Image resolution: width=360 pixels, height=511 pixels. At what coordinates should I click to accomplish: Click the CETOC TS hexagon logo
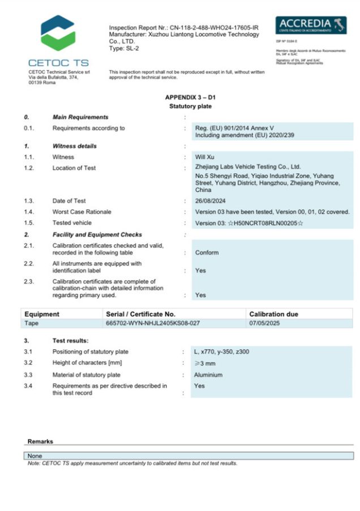[58, 33]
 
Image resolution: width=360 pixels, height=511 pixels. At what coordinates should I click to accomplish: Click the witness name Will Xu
[205, 157]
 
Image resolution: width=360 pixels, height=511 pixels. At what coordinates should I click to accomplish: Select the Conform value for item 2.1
[207, 252]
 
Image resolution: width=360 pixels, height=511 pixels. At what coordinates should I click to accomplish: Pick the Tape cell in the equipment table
[32, 323]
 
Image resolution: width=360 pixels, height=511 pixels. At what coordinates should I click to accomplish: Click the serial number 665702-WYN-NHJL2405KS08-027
[153, 323]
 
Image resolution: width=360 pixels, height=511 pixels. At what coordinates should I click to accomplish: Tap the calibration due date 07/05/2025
[265, 323]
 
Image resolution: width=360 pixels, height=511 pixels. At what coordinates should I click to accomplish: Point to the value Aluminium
[208, 375]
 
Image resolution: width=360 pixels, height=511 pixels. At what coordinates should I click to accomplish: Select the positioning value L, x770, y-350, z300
[221, 352]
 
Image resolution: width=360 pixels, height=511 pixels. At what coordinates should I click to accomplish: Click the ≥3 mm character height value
[205, 363]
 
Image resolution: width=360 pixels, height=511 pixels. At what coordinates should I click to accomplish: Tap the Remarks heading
[40, 441]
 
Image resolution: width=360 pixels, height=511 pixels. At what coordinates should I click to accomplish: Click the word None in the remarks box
[35, 456]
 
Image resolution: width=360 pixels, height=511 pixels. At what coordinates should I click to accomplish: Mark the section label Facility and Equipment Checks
[97, 234]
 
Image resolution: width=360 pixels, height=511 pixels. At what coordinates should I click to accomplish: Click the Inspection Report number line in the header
[183, 27]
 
